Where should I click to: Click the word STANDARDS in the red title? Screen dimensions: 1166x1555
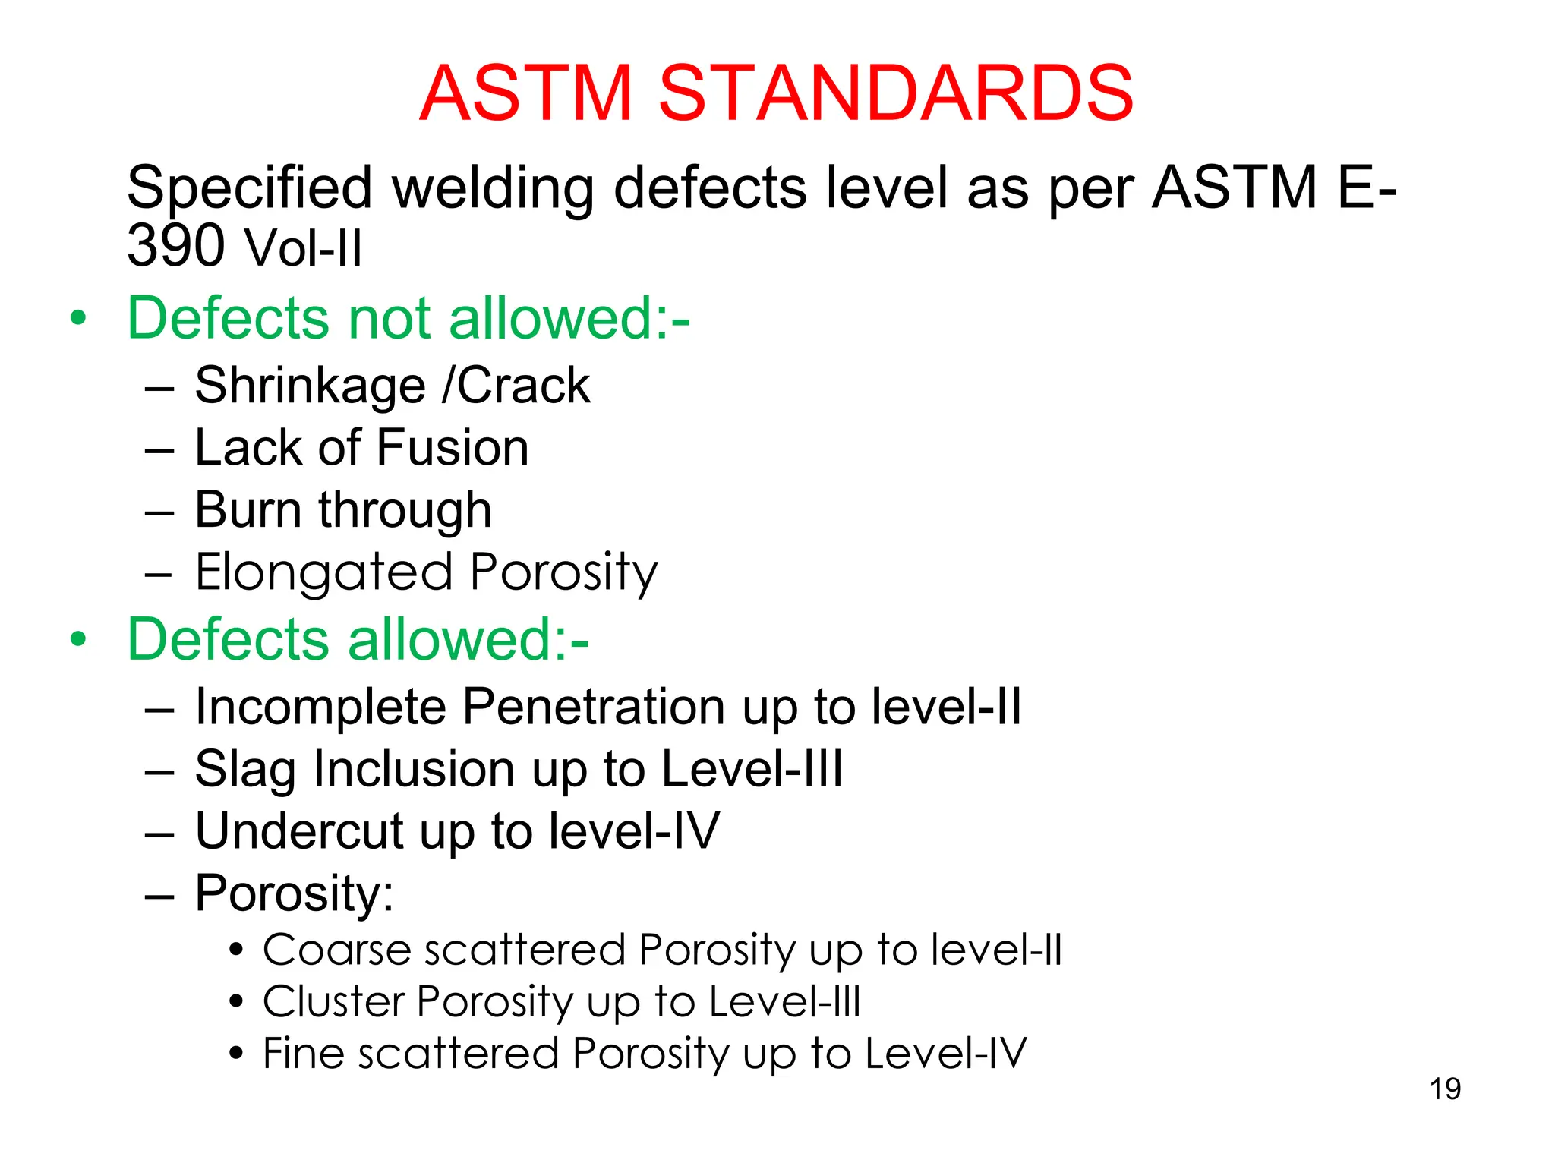(895, 93)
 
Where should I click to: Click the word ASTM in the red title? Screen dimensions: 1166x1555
(525, 93)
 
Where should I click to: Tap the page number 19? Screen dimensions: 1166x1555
(1445, 1089)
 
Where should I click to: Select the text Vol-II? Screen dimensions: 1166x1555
(302, 249)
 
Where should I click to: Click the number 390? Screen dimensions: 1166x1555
(176, 246)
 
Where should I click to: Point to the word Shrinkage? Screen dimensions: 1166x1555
(310, 386)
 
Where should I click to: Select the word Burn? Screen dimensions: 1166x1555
(248, 509)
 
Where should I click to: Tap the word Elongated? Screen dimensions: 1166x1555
(323, 572)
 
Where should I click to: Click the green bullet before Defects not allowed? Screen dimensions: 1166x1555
(78, 318)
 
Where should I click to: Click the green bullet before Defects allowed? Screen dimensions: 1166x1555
(78, 639)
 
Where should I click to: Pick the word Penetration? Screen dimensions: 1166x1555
(595, 707)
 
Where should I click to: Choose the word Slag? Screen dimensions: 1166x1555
(244, 770)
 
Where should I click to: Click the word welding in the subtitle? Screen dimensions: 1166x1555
(493, 188)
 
